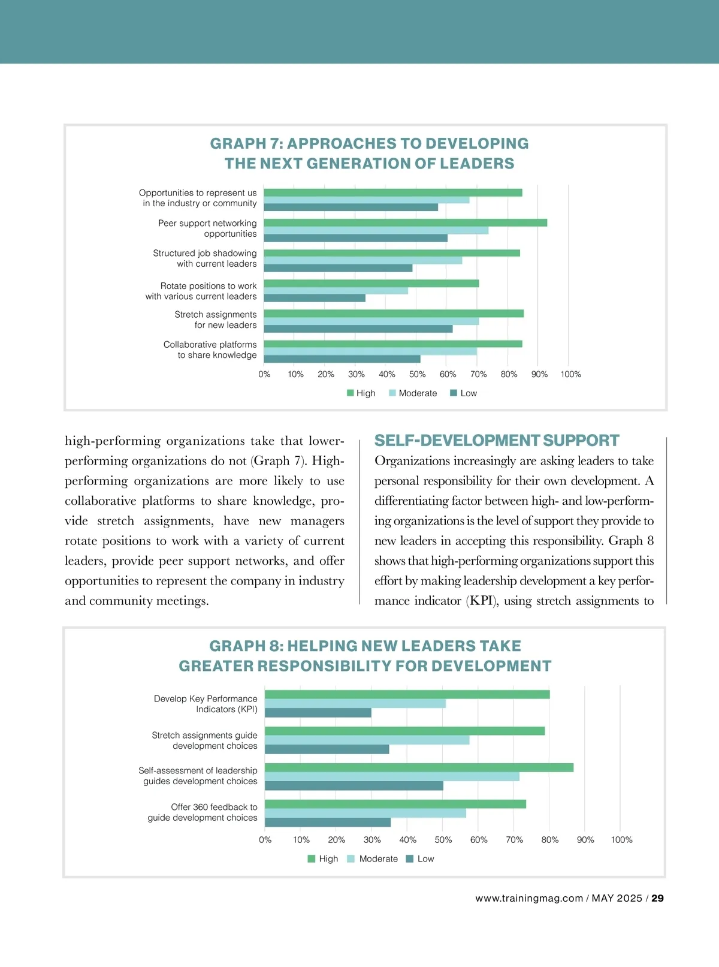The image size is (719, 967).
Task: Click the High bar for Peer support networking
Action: coord(405,223)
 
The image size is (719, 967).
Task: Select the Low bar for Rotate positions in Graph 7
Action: coord(315,298)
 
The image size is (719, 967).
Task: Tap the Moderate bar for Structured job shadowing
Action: coord(363,261)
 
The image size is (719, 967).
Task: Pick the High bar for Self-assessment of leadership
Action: coord(419,767)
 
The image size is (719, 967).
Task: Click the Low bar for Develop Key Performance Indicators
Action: coord(318,713)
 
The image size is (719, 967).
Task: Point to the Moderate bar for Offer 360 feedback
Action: coord(365,814)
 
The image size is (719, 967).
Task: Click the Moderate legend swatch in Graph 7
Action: coord(392,393)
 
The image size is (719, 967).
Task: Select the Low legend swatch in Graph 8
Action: coord(410,859)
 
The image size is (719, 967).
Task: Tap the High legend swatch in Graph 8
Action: coord(312,859)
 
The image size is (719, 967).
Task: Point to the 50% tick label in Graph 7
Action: coord(417,374)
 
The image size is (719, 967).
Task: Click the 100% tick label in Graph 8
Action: coord(621,840)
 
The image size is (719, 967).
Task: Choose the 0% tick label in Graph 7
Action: coord(264,374)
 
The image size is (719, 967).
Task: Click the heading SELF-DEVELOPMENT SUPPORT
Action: coord(497,441)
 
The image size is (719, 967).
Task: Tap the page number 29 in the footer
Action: coord(657,898)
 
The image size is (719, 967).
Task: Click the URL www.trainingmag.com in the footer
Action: coord(529,898)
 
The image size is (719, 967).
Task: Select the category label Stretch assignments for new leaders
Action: coord(216,320)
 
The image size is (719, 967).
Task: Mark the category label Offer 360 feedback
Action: coord(203,812)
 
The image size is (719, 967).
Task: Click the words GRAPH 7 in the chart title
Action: coord(246,144)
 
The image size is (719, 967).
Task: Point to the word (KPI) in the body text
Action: coord(482,601)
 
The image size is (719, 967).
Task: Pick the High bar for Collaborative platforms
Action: coord(393,344)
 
